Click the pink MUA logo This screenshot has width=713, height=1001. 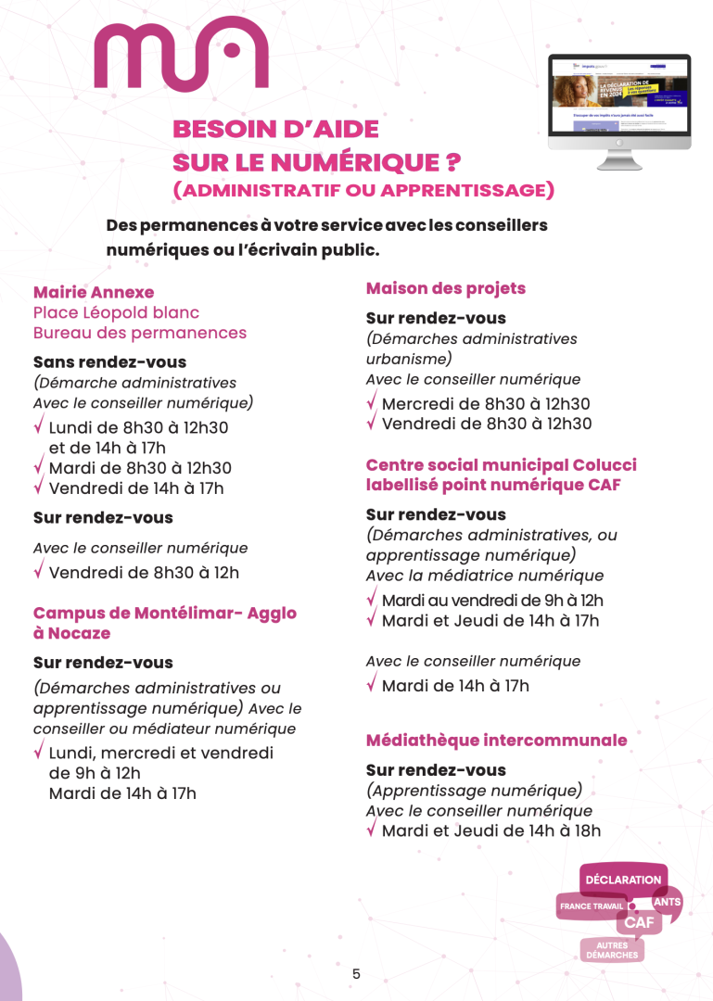coord(181,54)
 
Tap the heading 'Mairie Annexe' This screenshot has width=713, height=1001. coord(94,293)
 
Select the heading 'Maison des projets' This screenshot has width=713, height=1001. coord(446,288)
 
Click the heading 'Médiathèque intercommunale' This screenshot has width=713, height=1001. coord(497,741)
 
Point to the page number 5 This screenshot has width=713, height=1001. coord(356,973)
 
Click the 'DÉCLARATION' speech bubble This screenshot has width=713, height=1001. coord(623,880)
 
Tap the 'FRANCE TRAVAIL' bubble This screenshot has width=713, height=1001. coord(590,906)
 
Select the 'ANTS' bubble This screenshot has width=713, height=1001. coord(667,902)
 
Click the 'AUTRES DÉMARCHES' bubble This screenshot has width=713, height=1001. coord(612,950)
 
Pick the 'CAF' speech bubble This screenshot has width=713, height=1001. coord(638,922)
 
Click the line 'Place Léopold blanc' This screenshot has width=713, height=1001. coord(116,313)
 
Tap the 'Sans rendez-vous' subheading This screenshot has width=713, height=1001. coord(109,362)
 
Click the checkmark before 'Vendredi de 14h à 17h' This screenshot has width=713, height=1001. coord(39,487)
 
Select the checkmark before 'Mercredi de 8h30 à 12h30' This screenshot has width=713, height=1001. coord(372,402)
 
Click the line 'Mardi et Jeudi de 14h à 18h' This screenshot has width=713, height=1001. coord(490,830)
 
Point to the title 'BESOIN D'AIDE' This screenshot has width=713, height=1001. coord(275,130)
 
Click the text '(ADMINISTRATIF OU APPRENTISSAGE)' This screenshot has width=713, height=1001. coord(363,190)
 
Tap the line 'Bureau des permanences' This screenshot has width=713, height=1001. coord(140,333)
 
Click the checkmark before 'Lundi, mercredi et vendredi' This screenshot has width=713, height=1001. coord(39,752)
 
